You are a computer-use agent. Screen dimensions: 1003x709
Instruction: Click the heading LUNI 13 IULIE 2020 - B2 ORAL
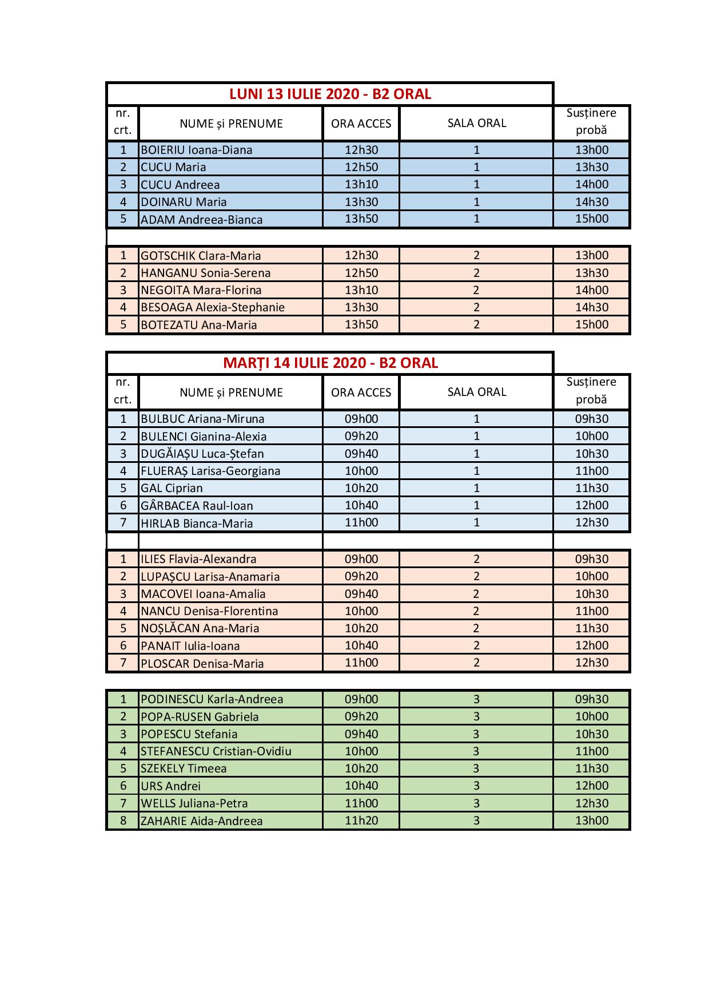pyautogui.click(x=330, y=94)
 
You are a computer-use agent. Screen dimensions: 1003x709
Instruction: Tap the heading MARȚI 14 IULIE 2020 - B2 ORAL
pyautogui.click(x=330, y=363)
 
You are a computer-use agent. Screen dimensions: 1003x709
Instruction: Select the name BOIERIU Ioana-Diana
pyautogui.click(x=196, y=150)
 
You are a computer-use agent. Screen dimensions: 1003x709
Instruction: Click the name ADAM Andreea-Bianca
pyautogui.click(x=201, y=220)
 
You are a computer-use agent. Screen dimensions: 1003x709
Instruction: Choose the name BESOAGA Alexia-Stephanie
pyautogui.click(x=212, y=307)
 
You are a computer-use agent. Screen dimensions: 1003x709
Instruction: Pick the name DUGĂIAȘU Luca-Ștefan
pyautogui.click(x=202, y=454)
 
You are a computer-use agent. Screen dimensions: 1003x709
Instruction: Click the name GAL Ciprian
pyautogui.click(x=172, y=488)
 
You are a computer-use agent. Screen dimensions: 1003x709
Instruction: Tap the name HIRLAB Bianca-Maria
pyautogui.click(x=196, y=523)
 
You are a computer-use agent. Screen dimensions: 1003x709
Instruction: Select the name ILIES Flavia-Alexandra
pyautogui.click(x=198, y=559)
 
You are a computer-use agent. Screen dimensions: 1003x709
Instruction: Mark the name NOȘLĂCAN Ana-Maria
pyautogui.click(x=200, y=628)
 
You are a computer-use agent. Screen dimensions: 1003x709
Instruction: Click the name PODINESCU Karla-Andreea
pyautogui.click(x=212, y=699)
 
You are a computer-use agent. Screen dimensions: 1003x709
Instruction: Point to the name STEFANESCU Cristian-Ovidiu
pyautogui.click(x=216, y=751)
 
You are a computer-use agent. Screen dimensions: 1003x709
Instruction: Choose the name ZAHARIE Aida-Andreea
pyautogui.click(x=201, y=821)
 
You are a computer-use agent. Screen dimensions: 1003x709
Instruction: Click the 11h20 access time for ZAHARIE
pyautogui.click(x=361, y=820)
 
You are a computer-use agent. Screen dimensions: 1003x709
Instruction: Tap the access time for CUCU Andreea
pyautogui.click(x=361, y=184)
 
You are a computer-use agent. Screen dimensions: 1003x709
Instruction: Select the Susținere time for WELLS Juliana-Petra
pyautogui.click(x=591, y=803)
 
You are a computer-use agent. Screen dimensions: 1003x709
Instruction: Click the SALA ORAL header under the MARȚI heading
pyautogui.click(x=476, y=393)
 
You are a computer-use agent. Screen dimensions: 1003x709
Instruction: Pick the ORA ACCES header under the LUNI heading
pyautogui.click(x=361, y=124)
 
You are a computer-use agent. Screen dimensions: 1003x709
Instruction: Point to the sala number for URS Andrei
pyautogui.click(x=476, y=786)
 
